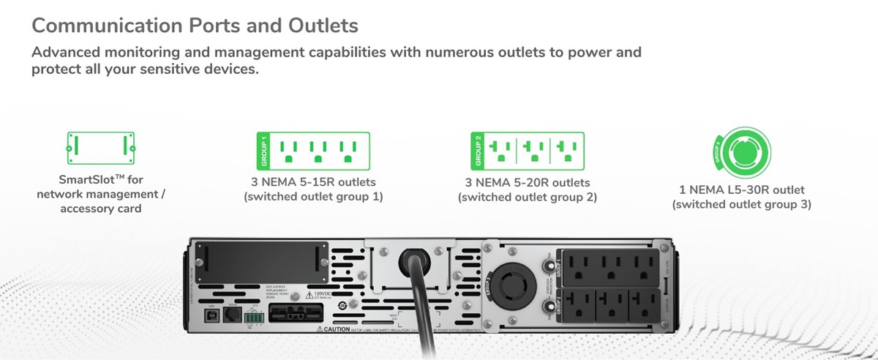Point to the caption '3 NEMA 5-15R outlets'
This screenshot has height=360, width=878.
[x=312, y=182]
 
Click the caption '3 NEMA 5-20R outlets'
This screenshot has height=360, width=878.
[x=527, y=182]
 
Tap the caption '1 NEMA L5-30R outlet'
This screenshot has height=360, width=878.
[x=741, y=190]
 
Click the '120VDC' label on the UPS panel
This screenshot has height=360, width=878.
[x=323, y=293]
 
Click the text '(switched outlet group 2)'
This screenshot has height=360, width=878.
[x=527, y=197]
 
